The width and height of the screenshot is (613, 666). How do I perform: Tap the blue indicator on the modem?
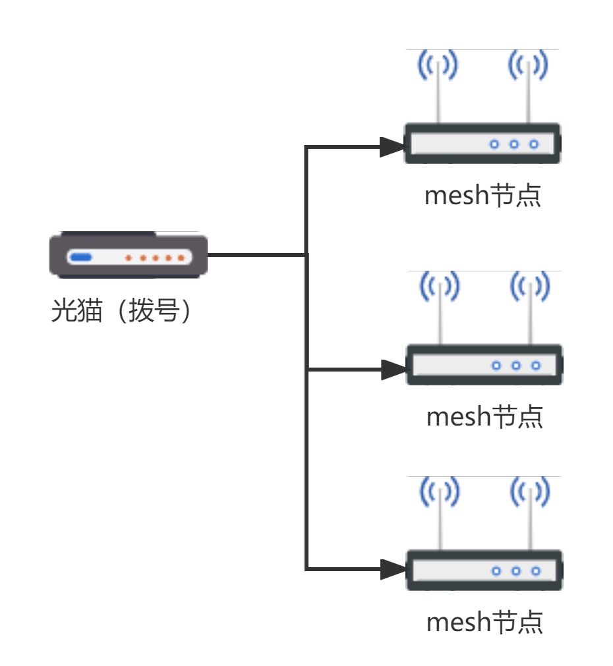[80, 258]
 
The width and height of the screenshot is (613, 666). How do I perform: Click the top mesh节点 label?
[482, 196]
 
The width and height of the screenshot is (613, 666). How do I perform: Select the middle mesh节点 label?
[484, 417]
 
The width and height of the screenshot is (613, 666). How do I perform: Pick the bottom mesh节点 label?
[484, 623]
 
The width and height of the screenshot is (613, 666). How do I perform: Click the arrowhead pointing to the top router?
[392, 147]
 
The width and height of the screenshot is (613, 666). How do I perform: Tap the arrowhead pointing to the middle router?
[394, 370]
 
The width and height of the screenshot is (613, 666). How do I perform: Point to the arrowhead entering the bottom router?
[394, 569]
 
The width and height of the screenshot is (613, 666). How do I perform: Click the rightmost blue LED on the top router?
[534, 144]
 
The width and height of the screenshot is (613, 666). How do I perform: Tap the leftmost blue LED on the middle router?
[496, 366]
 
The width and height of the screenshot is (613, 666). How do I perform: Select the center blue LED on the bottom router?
[516, 571]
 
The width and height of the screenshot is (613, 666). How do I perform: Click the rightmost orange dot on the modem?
[181, 258]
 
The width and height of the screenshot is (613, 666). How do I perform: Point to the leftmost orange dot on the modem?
[129, 258]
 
